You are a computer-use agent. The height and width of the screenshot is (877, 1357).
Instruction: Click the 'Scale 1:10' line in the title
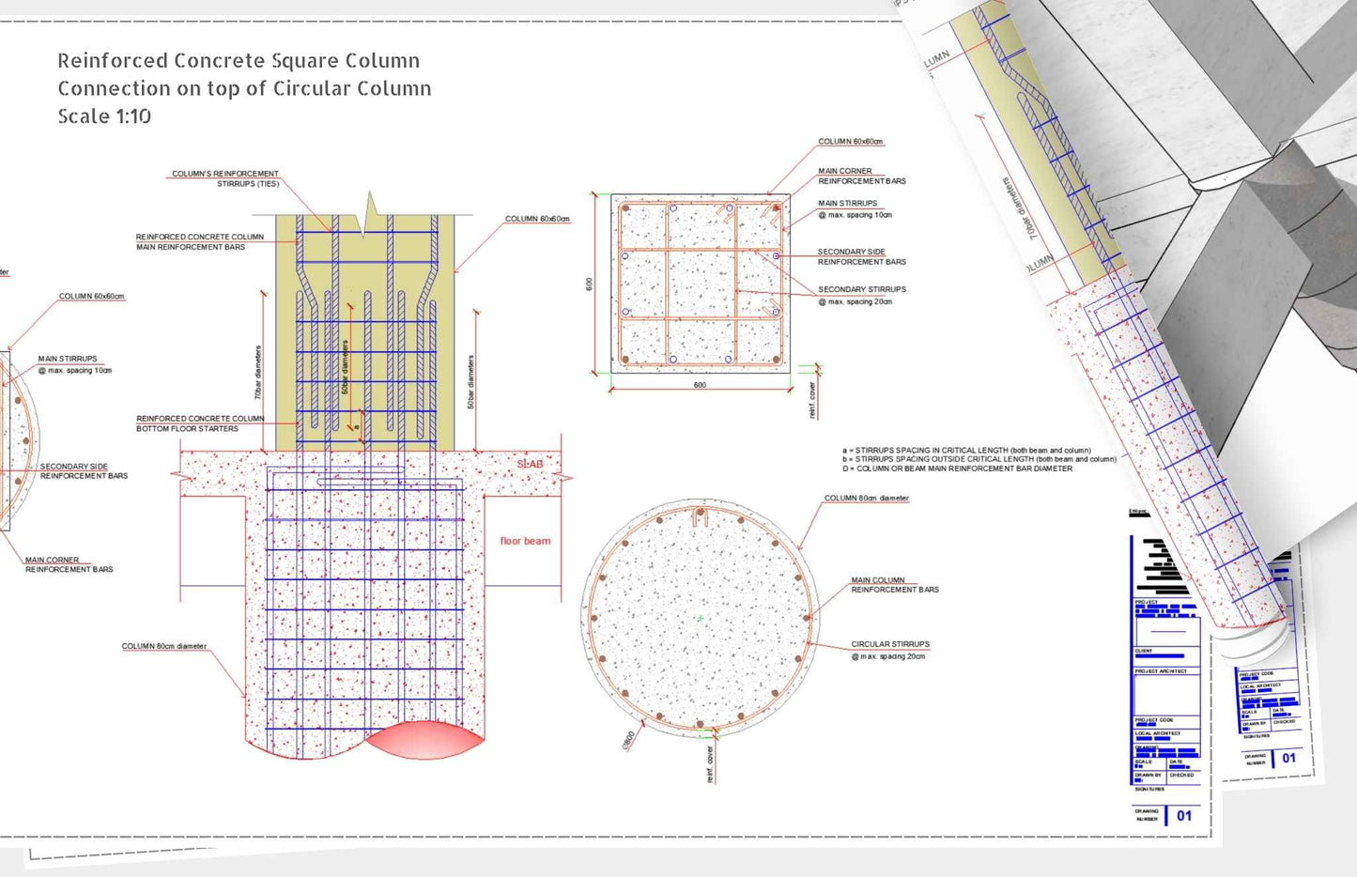tap(104, 116)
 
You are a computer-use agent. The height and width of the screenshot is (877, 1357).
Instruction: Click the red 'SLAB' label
tap(530, 464)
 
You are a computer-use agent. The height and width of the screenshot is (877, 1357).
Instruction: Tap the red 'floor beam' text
tap(525, 541)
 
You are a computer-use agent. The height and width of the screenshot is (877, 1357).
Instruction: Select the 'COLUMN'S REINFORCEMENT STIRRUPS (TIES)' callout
tap(225, 178)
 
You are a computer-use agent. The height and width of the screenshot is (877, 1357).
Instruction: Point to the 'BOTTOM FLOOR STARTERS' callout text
tap(188, 428)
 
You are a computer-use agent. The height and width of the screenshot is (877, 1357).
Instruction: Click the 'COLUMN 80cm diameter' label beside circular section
tap(866, 499)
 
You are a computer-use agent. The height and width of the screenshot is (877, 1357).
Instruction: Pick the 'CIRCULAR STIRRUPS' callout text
tap(889, 644)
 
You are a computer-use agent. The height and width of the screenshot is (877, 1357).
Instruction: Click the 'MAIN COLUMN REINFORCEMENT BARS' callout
tap(894, 585)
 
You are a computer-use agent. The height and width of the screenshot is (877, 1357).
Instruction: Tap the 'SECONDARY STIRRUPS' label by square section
tap(861, 289)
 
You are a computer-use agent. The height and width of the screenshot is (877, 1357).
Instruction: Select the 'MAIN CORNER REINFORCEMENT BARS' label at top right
tap(861, 176)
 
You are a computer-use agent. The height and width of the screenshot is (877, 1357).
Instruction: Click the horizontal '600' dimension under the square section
tap(700, 385)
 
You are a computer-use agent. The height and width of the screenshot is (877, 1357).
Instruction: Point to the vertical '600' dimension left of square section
tap(590, 284)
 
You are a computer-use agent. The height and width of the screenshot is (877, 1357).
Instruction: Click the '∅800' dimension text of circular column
tap(628, 739)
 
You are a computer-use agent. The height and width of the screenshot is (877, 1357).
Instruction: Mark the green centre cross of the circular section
tap(700, 619)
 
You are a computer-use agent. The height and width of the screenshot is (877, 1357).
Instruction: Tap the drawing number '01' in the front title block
tap(1184, 816)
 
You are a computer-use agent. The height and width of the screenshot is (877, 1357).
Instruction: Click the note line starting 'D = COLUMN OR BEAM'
tap(956, 469)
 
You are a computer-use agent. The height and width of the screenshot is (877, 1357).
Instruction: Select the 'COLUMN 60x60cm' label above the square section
tap(850, 142)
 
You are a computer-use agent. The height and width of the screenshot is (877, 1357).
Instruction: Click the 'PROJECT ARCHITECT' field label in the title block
tap(1161, 671)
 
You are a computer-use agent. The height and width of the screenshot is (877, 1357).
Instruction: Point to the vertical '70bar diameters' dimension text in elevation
tap(258, 373)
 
